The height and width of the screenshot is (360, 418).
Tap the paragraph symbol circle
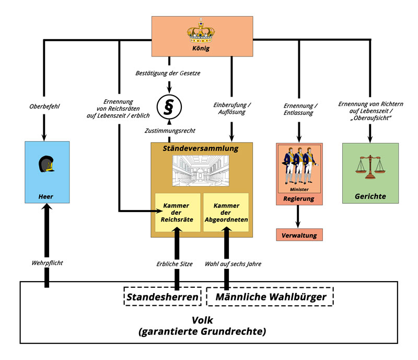[168, 107]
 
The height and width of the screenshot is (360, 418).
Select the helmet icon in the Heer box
[47, 166]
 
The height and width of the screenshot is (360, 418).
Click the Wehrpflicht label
[47, 262]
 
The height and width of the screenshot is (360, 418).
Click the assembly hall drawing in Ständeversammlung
[202, 171]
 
